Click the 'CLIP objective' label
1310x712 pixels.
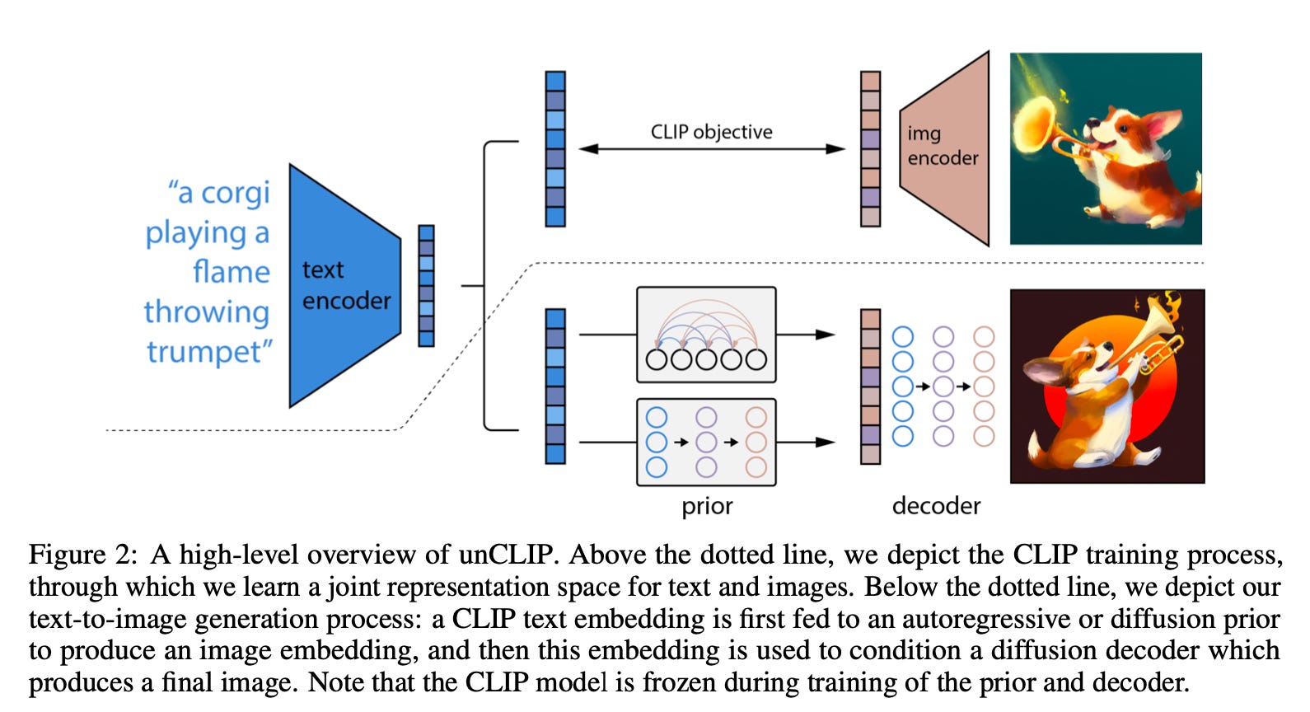tap(711, 132)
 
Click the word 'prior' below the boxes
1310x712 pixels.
tap(706, 506)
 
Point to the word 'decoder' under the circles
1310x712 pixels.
tap(936, 505)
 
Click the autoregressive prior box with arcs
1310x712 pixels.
tap(706, 335)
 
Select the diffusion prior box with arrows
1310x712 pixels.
tap(706, 442)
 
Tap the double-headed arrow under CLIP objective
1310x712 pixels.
tap(711, 149)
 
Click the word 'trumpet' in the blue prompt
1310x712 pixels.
tap(207, 352)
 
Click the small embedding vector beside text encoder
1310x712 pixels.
tap(426, 286)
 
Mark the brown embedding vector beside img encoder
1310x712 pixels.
tap(870, 149)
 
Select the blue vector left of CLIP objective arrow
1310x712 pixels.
tap(555, 149)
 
